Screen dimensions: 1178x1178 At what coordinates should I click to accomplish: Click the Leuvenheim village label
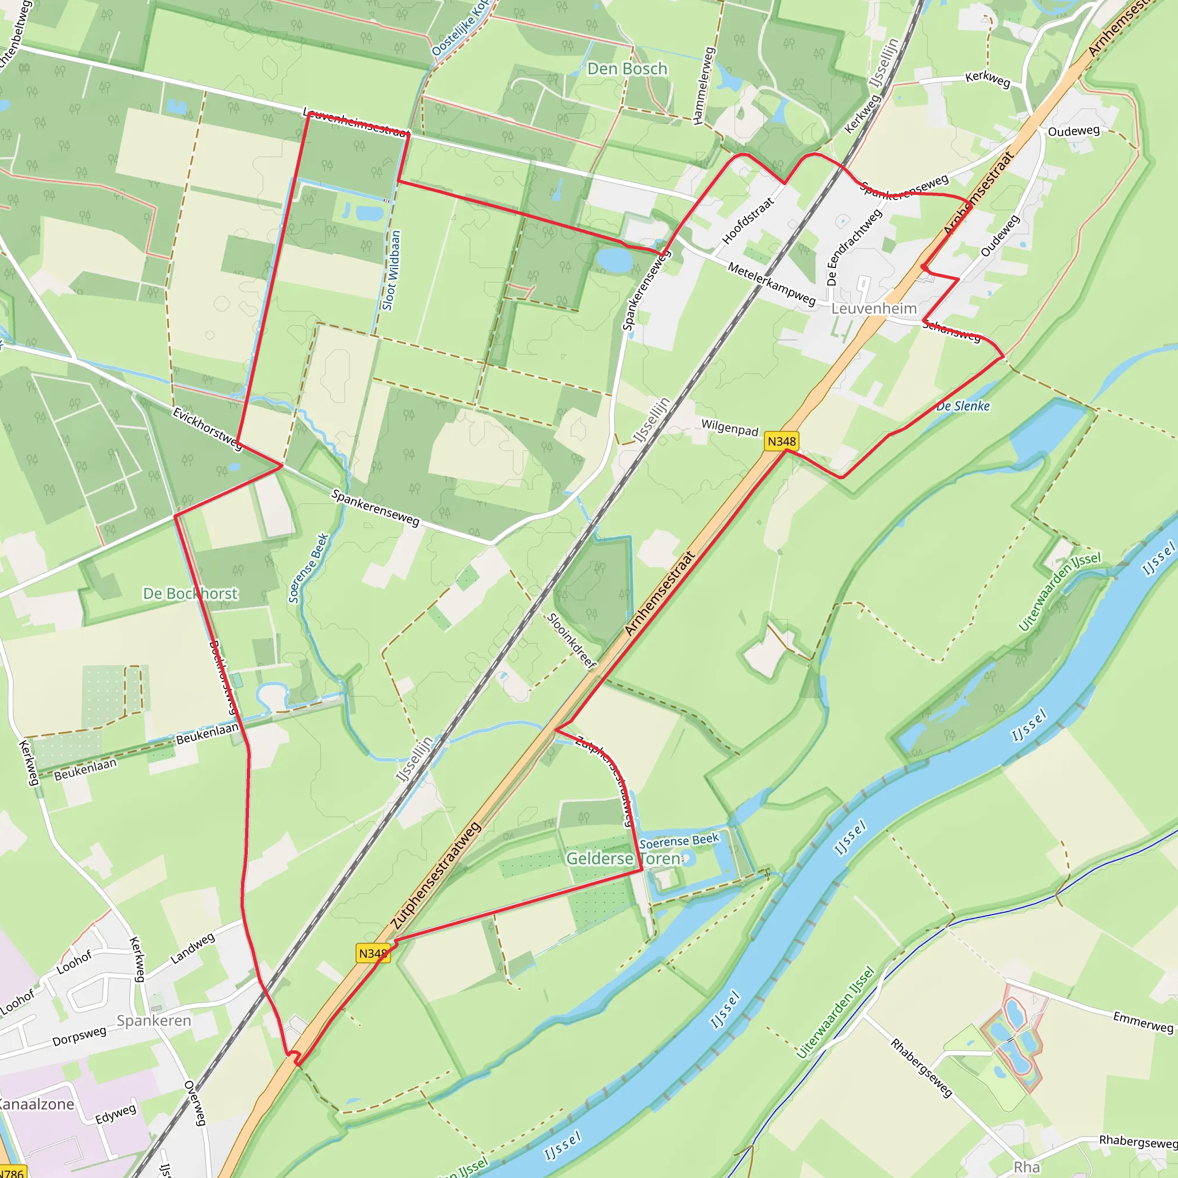click(x=874, y=308)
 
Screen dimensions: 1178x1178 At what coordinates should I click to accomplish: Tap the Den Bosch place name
click(x=627, y=69)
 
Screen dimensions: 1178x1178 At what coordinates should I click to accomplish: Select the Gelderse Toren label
click(x=623, y=859)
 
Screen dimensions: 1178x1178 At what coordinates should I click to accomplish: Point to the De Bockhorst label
click(x=190, y=593)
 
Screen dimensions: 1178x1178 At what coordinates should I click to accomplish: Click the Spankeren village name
click(x=154, y=1021)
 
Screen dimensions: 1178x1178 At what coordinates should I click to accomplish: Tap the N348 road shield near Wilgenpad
click(x=781, y=441)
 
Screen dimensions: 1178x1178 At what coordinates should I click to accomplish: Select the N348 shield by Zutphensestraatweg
click(x=373, y=954)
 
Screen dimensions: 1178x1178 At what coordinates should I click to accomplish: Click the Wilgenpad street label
click(x=729, y=428)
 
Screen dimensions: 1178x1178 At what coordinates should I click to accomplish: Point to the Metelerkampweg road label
click(x=771, y=284)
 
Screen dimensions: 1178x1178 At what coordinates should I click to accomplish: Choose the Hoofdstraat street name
click(x=748, y=221)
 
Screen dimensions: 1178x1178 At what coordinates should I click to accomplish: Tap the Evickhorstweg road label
click(x=207, y=429)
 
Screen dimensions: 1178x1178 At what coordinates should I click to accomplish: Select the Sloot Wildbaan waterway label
click(x=392, y=270)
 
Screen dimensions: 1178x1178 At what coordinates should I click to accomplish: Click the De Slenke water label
click(x=963, y=406)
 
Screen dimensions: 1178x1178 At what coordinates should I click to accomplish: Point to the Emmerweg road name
click(x=1143, y=1022)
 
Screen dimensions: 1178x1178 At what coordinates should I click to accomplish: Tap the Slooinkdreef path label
click(x=571, y=641)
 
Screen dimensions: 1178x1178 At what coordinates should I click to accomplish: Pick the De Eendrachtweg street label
click(x=853, y=247)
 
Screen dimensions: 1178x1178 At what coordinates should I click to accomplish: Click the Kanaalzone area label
click(x=35, y=1104)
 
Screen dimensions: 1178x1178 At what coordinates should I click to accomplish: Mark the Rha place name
click(x=1026, y=1167)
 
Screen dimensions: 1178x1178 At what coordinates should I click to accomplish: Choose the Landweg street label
click(x=192, y=948)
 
